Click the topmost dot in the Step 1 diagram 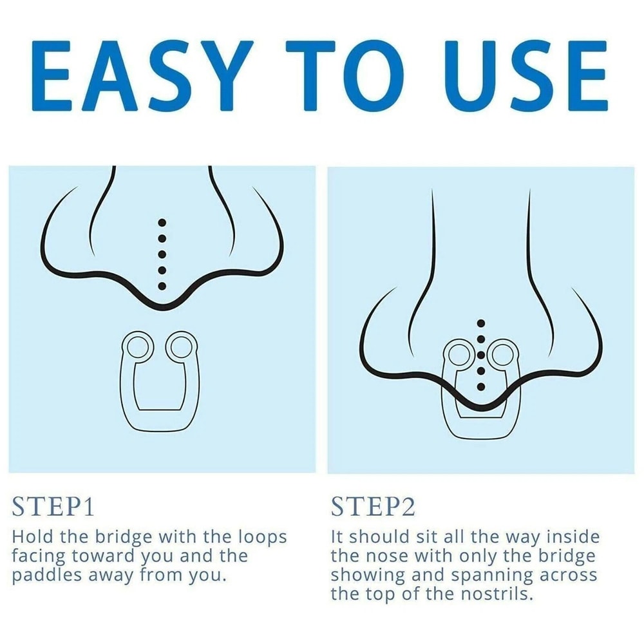(162, 223)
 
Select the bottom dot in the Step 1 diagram (162, 286)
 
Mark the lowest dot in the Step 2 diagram (481, 386)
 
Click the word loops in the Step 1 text (262, 538)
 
